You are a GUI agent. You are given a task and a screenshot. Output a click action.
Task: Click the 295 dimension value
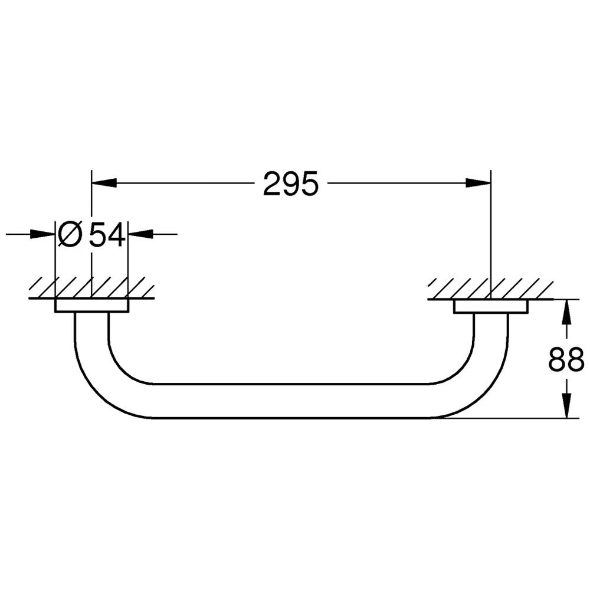[x=290, y=185]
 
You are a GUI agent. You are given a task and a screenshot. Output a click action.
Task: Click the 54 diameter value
[x=107, y=235]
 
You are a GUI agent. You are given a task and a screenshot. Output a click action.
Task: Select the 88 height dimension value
[x=566, y=359]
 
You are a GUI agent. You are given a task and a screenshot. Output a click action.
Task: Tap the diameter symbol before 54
[x=70, y=235]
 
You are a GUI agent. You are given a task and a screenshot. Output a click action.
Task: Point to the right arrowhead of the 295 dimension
[x=478, y=182]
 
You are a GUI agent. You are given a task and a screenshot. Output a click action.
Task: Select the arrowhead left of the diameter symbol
[x=44, y=234]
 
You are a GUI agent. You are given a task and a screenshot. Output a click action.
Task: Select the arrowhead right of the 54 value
[x=139, y=234]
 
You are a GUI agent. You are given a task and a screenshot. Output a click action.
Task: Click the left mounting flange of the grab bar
[x=91, y=306]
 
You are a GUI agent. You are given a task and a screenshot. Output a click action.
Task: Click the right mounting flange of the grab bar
[x=490, y=307]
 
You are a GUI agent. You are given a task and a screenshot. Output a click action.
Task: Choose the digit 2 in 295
[x=272, y=185]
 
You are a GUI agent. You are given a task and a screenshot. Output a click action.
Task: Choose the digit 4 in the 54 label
[x=116, y=235]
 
